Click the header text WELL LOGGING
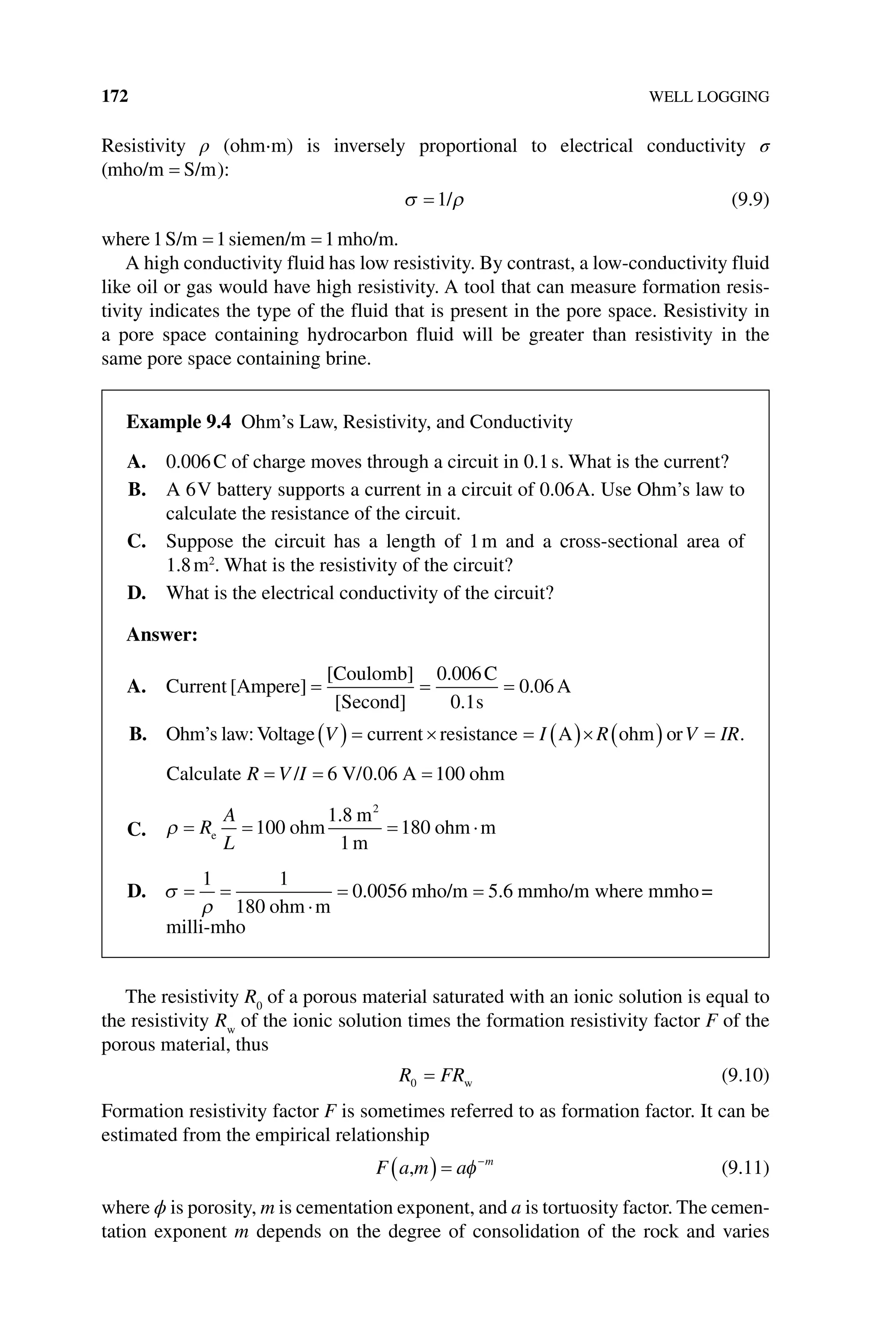pyautogui.click(x=709, y=97)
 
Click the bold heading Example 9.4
pyautogui.click(x=179, y=422)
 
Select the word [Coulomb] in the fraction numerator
pyautogui.click(x=370, y=674)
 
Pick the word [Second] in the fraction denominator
pyautogui.click(x=370, y=702)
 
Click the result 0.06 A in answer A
pyautogui.click(x=545, y=686)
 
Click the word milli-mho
pyautogui.click(x=206, y=927)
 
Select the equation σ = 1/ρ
pyautogui.click(x=435, y=200)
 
